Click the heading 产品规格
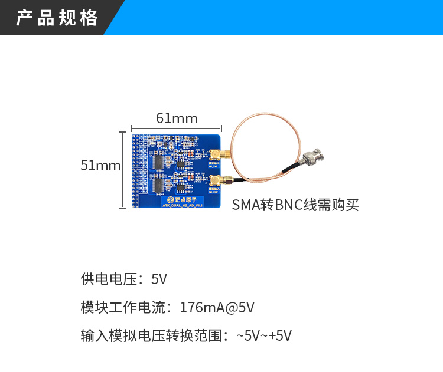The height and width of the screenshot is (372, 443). coord(57,18)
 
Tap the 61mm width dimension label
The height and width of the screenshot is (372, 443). coord(176,118)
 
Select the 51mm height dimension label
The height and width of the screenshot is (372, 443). coord(100,166)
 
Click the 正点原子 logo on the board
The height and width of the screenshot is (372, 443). coord(181,199)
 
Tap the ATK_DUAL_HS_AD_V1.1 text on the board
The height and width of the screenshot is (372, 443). coord(183,206)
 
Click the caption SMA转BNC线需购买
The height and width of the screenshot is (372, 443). coord(295,205)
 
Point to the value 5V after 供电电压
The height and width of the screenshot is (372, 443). coord(159,279)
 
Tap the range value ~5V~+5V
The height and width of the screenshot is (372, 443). coord(264,336)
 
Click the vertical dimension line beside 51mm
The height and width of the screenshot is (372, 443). coord(122,166)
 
